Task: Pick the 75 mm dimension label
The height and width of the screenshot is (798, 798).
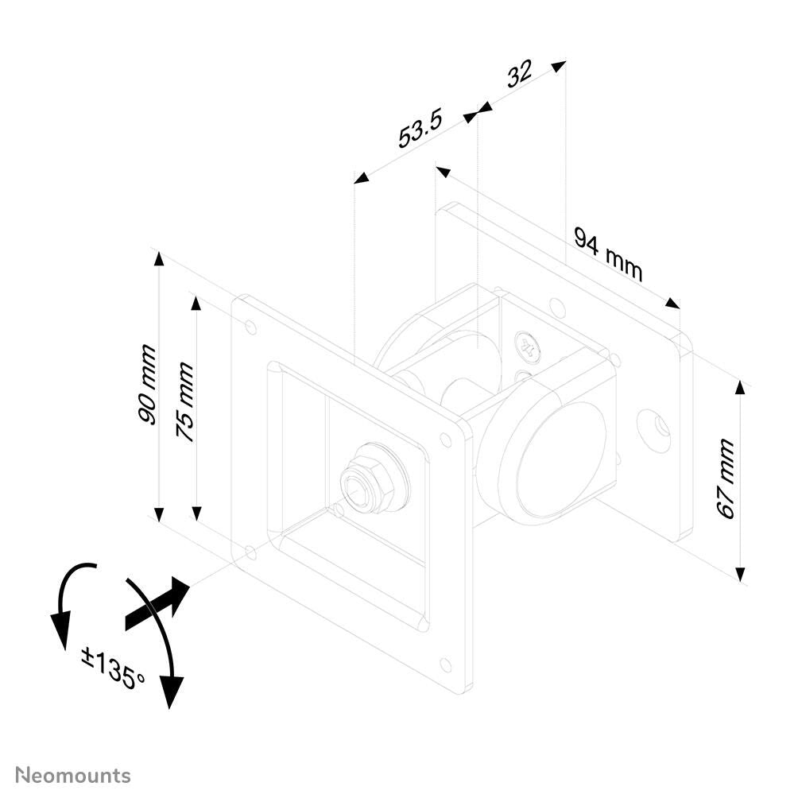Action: [184, 402]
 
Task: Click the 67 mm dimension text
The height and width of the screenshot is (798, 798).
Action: [726, 479]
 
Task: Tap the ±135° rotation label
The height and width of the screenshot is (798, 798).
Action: [113, 667]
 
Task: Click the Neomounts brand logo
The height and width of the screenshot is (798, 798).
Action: [73, 775]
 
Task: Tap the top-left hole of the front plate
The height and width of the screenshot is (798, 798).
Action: [251, 327]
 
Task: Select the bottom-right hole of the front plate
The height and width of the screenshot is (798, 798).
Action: [445, 664]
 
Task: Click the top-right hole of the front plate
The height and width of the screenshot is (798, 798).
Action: [446, 440]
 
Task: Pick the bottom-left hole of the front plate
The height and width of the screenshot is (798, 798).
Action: [251, 550]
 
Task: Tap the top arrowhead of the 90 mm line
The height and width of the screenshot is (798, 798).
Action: [159, 258]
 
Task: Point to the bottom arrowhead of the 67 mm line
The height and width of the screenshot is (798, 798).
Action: [740, 574]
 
